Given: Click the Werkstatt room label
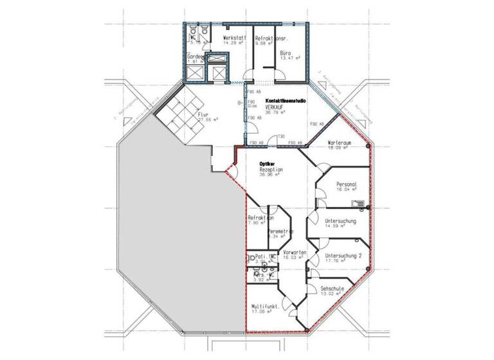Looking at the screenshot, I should tap(233, 38).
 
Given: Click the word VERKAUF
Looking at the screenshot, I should tap(267, 107).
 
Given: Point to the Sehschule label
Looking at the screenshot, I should tap(333, 290).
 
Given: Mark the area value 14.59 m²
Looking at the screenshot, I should tap(338, 226).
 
